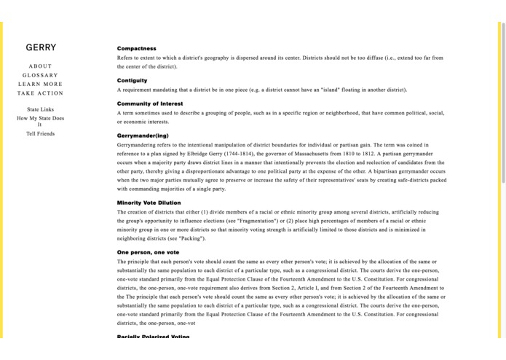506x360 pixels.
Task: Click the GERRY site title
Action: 41,47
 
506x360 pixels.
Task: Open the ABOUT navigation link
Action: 40,66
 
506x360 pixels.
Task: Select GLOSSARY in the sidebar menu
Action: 40,75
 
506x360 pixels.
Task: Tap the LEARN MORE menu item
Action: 40,85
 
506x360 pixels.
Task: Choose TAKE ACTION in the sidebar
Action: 40,93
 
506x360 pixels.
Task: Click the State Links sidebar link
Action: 40,109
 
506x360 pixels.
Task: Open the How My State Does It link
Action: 40,121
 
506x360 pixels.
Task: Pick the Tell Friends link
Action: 40,133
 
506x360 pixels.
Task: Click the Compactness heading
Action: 136,49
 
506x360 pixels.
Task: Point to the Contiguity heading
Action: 132,80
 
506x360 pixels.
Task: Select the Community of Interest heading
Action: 150,103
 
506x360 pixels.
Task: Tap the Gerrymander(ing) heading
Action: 143,136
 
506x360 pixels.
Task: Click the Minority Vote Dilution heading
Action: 149,203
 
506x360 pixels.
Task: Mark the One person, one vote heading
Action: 148,252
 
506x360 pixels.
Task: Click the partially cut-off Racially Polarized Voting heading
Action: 153,337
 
